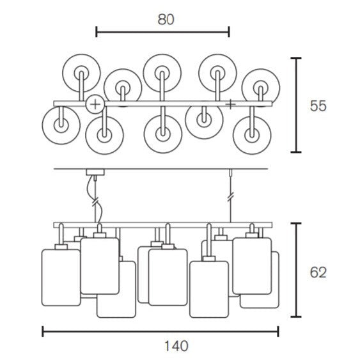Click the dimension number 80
(166, 20)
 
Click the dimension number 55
(318, 106)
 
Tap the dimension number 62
(318, 273)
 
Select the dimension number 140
(176, 346)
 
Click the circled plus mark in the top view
(95, 105)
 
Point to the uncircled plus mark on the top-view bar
(230, 105)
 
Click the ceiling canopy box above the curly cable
(95, 172)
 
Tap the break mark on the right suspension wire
(230, 197)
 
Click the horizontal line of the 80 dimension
(162, 32)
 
